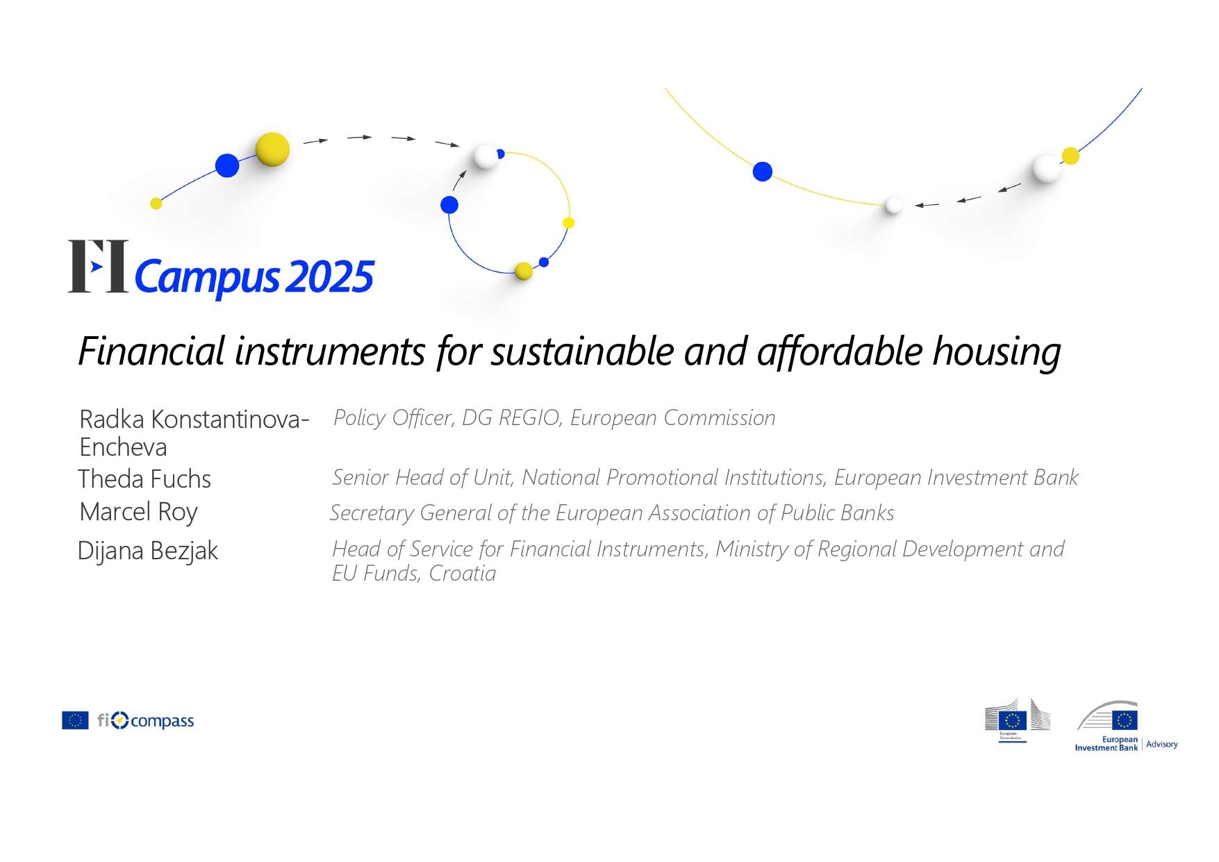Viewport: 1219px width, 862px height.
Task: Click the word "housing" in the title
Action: (996, 351)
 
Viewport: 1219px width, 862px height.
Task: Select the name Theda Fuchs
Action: (144, 479)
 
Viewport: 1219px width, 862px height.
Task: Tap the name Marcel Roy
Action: (139, 512)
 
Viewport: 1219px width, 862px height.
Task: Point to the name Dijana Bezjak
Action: (148, 551)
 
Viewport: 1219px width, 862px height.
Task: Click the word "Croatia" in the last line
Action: (463, 573)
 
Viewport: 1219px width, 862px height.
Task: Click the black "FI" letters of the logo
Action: (98, 266)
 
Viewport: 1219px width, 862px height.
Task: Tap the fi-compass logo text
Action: (146, 721)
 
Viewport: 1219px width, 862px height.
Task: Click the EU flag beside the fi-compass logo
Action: (75, 720)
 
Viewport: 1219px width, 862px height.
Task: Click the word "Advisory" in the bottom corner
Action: (1162, 745)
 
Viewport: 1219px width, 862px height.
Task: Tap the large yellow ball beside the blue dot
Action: (272, 149)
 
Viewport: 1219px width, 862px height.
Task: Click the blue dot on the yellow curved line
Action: (763, 172)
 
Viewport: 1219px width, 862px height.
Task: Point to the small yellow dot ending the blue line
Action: (156, 204)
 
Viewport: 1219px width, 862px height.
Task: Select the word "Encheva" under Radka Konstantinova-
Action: (123, 447)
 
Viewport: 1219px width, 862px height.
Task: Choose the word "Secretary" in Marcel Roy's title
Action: (372, 513)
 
